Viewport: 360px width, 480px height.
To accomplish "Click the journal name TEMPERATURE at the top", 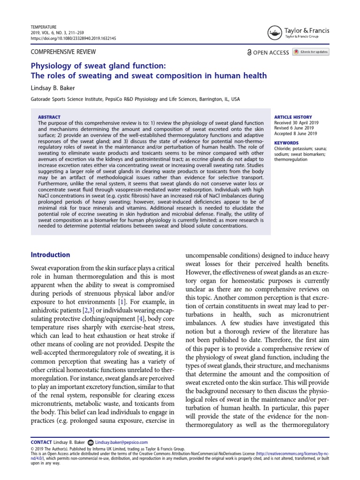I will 44,27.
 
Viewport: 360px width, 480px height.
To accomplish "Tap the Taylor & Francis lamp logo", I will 275,32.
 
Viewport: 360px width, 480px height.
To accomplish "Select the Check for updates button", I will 311,52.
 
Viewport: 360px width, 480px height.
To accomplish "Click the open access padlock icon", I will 249,52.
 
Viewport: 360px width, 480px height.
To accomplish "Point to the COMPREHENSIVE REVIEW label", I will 63,52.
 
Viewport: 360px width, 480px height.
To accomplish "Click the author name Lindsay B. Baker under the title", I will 52,87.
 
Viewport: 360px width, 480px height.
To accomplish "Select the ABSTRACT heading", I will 48,117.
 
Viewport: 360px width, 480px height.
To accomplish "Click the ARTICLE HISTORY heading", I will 293,117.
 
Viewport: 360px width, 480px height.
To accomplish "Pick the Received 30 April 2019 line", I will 296,122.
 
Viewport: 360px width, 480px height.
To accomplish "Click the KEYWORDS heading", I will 286,143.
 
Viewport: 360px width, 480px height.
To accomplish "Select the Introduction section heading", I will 50,255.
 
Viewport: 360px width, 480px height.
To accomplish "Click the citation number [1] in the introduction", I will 121,300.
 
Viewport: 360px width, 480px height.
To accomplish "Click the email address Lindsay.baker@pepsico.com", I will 121,442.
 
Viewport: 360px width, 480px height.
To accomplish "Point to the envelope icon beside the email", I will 90,442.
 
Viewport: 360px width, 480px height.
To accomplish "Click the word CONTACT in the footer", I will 41,442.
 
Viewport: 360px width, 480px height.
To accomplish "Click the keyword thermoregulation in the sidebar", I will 291,159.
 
